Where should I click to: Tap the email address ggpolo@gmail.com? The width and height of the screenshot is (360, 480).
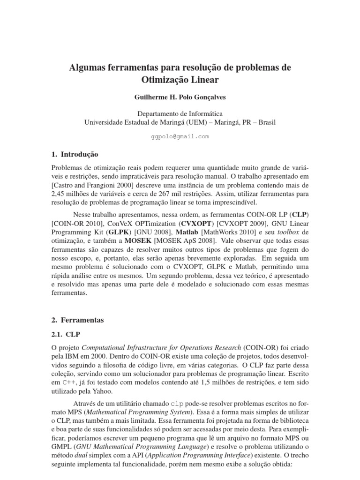180,136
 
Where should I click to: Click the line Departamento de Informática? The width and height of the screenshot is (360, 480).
180,113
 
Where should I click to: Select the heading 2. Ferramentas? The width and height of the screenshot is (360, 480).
77,320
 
